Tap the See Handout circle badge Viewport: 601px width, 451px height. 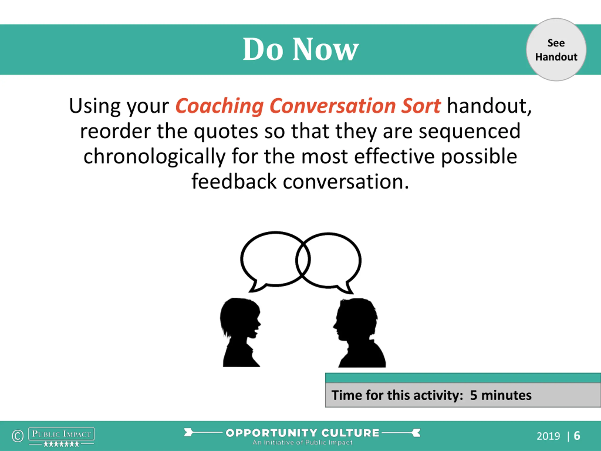556,50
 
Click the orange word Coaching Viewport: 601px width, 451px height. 220,106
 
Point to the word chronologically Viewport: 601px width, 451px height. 154,157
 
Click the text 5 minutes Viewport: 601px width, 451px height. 501,395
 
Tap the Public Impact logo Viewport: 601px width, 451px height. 62,437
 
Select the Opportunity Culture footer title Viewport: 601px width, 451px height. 302,433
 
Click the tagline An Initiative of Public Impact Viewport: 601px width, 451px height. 302,442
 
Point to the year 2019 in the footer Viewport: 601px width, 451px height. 548,436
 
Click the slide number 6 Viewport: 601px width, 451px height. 577,436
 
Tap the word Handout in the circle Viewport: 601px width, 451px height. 556,57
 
